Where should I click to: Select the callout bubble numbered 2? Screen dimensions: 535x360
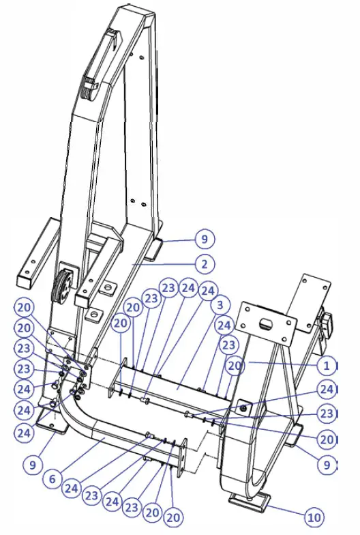[x=203, y=263]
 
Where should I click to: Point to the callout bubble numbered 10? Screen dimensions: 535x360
[x=314, y=516]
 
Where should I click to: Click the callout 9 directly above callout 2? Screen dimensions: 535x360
[x=203, y=239]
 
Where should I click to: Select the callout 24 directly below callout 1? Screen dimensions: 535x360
[x=327, y=390]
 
